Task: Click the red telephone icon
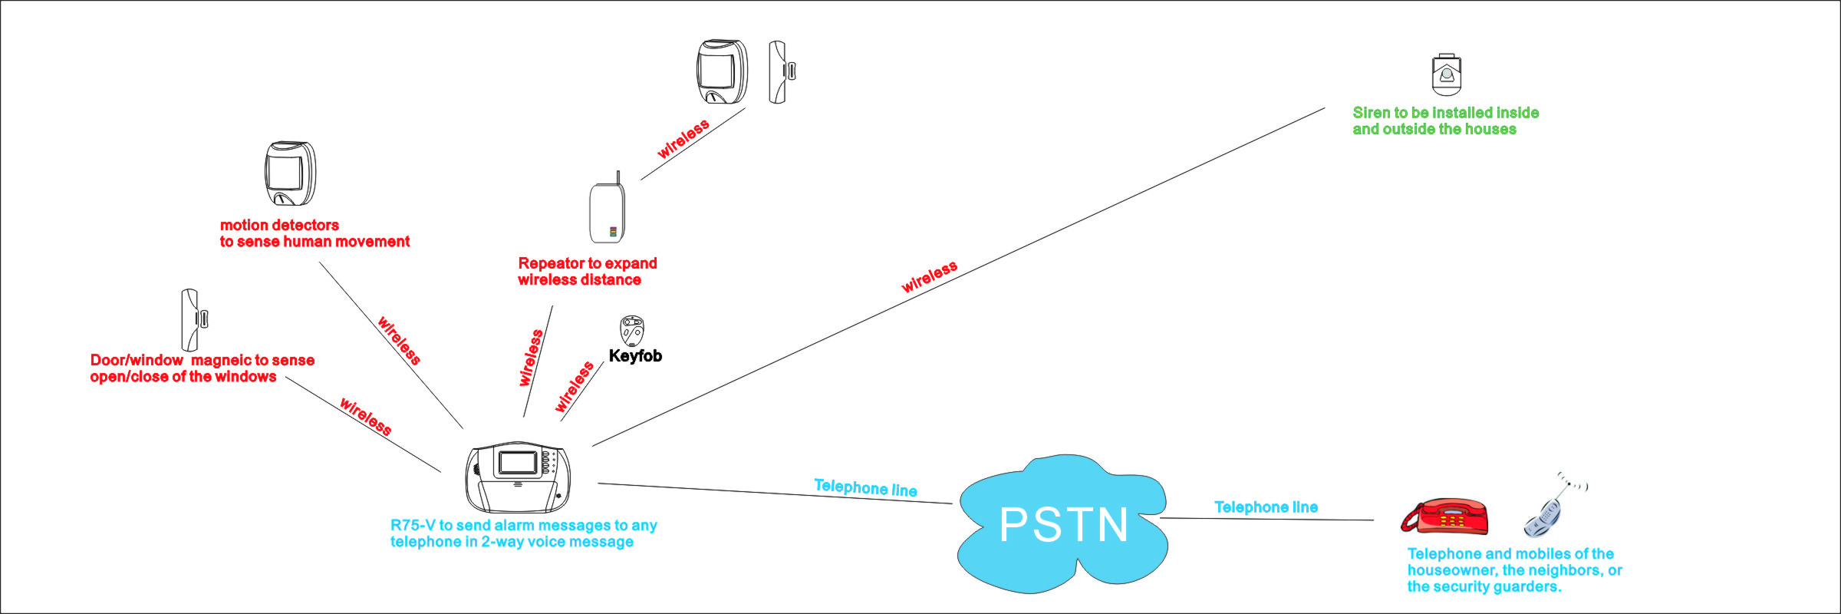[x=1444, y=516]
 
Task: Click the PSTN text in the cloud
[x=1063, y=525]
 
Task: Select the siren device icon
[x=1446, y=74]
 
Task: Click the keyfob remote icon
[x=631, y=331]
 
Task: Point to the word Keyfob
[x=635, y=356]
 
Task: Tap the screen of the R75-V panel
[x=519, y=462]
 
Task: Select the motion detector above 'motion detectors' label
[x=290, y=173]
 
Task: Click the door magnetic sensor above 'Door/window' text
[x=193, y=319]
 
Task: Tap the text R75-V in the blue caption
[x=413, y=525]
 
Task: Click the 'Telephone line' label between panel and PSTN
[x=865, y=488]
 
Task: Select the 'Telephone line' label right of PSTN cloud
[x=1266, y=507]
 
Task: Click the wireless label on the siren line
[x=929, y=277]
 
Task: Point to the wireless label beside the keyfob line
[x=575, y=386]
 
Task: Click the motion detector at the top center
[x=722, y=71]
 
